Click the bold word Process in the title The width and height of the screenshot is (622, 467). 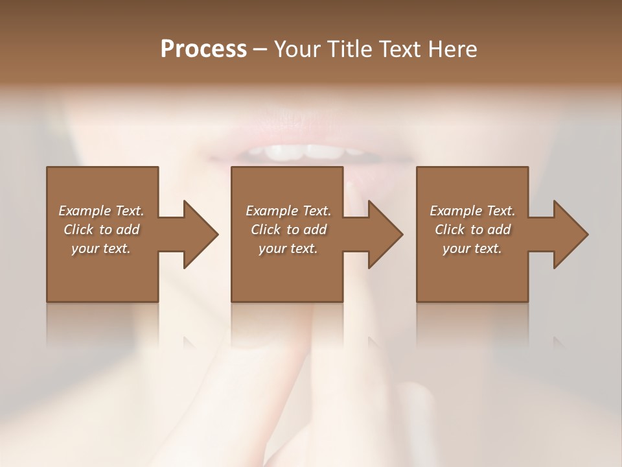[203, 49]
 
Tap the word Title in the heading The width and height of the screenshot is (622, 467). [349, 49]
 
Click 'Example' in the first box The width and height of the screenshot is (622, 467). [84, 211]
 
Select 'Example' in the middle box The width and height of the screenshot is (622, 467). [271, 211]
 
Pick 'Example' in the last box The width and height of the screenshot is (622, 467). [455, 211]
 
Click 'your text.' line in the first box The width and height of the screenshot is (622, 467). [100, 248]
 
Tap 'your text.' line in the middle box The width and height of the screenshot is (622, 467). [288, 248]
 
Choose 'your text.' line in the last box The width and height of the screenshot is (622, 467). [472, 248]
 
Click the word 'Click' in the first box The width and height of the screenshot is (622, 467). [78, 230]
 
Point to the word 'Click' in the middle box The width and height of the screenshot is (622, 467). [266, 230]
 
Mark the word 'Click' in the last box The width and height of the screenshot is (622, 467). [450, 230]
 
